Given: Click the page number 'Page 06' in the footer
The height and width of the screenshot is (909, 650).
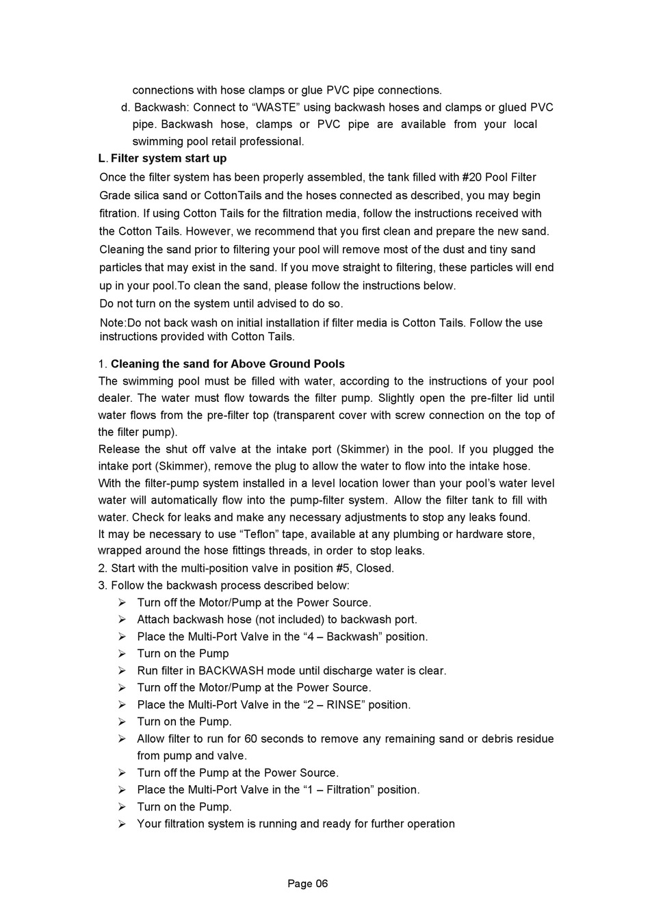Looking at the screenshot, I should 307,884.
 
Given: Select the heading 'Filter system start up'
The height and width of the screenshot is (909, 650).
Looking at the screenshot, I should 168,159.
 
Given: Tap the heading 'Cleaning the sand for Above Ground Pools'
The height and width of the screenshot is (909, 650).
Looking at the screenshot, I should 227,364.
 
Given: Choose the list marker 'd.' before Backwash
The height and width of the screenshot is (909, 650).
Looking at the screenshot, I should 125,107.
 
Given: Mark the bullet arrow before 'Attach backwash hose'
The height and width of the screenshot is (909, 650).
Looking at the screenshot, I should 122,619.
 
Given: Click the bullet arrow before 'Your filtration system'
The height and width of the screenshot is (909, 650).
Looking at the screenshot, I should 122,824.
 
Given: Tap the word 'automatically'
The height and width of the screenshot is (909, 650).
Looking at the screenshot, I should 192,500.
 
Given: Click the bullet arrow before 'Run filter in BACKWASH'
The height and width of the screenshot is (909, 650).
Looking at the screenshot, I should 122,671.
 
